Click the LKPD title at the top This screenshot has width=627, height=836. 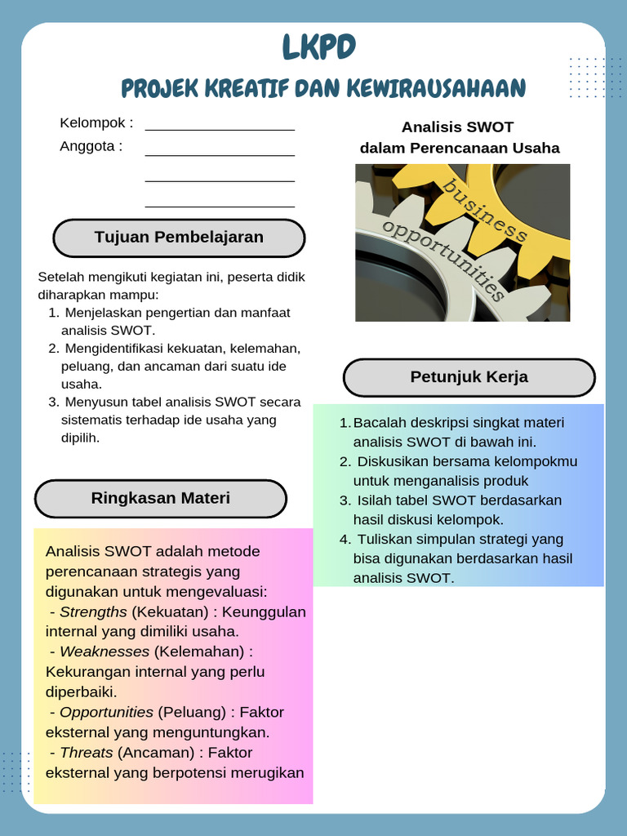tap(319, 48)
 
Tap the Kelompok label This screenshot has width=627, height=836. tap(96, 123)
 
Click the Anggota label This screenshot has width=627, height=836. tap(91, 146)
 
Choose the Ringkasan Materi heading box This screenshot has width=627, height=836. tap(161, 498)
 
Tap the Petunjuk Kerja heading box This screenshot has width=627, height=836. tap(469, 377)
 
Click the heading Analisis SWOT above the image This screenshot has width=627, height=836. tap(457, 127)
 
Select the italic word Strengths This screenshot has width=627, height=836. tap(93, 611)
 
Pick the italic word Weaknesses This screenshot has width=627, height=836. tap(104, 651)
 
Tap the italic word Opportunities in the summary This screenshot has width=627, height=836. tap(106, 712)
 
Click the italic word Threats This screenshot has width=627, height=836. tap(87, 752)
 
